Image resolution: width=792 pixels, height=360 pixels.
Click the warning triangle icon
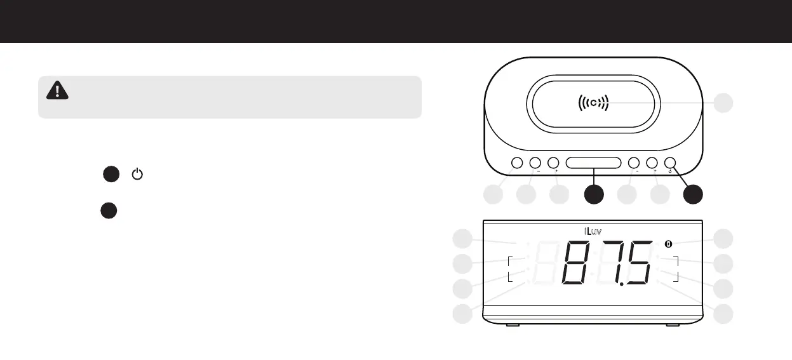[58, 91]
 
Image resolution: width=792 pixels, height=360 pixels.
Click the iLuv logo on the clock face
[593, 231]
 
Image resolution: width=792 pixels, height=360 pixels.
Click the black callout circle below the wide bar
[593, 195]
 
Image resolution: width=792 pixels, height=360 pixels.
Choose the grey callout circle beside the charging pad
[723, 103]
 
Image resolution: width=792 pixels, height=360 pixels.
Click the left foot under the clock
[513, 326]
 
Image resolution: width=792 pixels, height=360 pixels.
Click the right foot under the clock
[673, 326]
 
